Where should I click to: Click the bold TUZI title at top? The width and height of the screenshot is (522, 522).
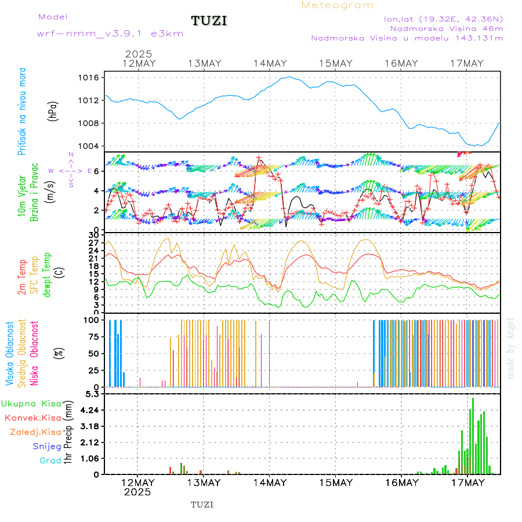209,21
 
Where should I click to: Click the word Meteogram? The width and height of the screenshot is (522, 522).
338,5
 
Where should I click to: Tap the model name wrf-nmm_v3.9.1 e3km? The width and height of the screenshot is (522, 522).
110,33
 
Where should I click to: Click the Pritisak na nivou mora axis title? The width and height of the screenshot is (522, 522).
21,111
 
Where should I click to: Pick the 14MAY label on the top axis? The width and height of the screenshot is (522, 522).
270,64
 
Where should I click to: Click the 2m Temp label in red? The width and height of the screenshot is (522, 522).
22,277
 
